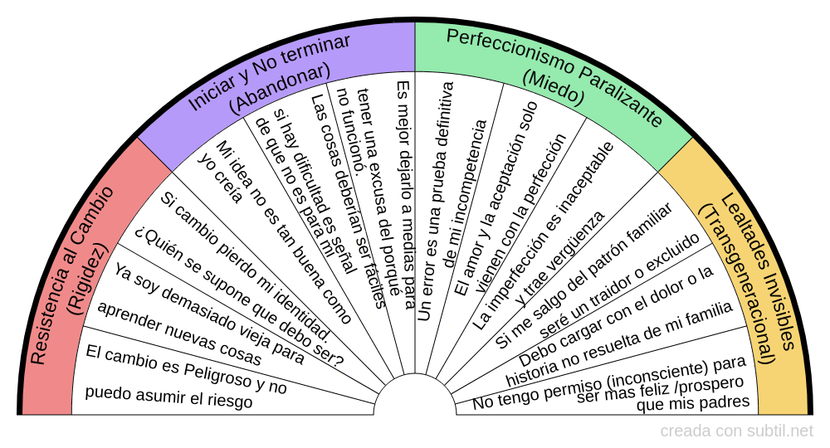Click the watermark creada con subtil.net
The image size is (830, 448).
tap(736, 431)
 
